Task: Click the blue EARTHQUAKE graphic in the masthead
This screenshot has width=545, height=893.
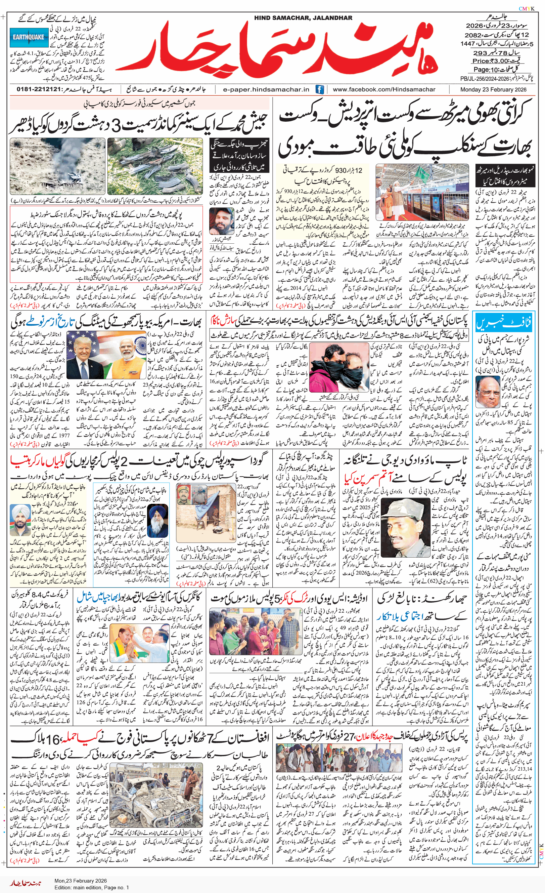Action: click(29, 37)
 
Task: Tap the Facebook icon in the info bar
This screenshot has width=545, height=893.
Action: click(319, 89)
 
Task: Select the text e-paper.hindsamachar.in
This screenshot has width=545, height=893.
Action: click(266, 89)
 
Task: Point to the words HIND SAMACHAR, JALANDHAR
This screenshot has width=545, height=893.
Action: click(303, 18)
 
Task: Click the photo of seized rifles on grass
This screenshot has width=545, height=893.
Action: click(155, 166)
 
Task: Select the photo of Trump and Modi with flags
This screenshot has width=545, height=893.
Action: click(111, 355)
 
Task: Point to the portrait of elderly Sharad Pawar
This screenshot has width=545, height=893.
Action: click(488, 392)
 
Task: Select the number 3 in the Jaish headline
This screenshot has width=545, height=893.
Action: click(116, 126)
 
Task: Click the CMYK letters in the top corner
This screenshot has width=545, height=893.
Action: click(526, 9)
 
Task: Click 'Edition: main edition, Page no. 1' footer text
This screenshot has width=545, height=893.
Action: click(92, 888)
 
